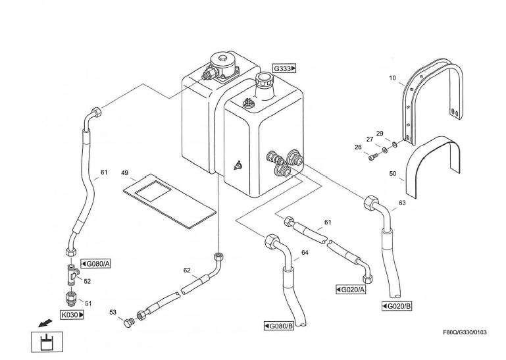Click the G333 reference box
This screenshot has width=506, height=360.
pos(285,68)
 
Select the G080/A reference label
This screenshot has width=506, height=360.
pos(96,264)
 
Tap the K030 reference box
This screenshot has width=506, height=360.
pos(72,315)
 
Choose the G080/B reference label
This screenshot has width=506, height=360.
pos(278,326)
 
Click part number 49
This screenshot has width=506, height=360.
pos(124,172)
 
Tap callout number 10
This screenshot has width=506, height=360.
pos(392,78)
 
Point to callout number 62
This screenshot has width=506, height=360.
pos(187,270)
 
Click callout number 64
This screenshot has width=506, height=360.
pos(305,252)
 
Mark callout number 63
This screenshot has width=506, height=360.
pos(402,203)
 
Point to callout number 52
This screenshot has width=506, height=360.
pos(87,281)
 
